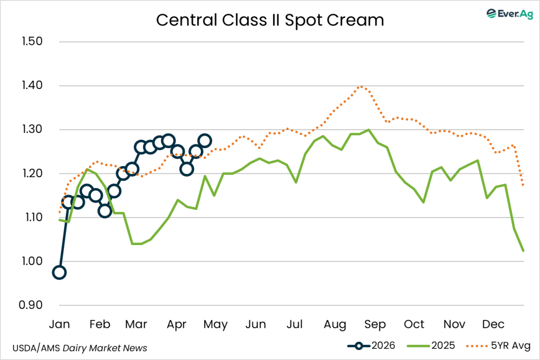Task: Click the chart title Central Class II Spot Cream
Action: click(270, 20)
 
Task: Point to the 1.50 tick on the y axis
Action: click(32, 42)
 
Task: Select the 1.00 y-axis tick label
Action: click(32, 261)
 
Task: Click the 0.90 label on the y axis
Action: click(32, 305)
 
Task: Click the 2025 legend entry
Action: click(432, 346)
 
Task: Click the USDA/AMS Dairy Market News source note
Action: click(79, 348)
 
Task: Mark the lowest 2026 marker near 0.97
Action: click(60, 273)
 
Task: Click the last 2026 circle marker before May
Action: click(205, 141)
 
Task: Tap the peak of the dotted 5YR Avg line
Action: click(361, 86)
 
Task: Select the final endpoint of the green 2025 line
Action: click(523, 251)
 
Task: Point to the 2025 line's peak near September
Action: click(368, 130)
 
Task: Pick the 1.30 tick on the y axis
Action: click(32, 130)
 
